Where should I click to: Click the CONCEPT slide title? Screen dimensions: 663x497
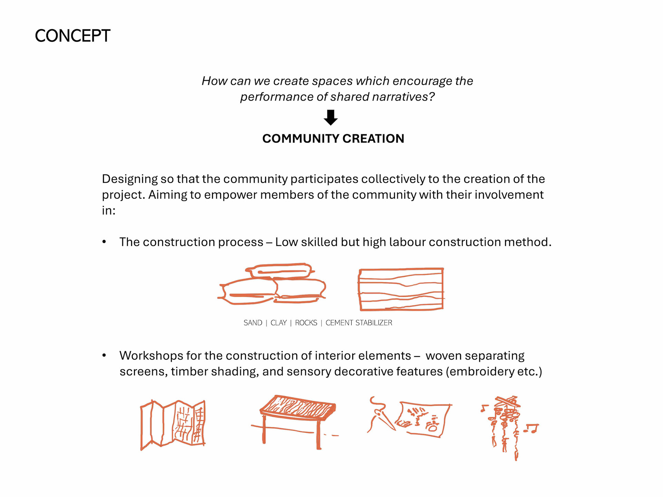pyautogui.click(x=73, y=36)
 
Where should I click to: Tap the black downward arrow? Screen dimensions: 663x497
pyautogui.click(x=330, y=117)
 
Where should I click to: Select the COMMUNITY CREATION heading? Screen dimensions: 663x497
pyautogui.click(x=333, y=138)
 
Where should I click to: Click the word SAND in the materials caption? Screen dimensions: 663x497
pyautogui.click(x=253, y=323)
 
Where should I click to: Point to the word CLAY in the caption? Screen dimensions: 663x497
pyautogui.click(x=279, y=323)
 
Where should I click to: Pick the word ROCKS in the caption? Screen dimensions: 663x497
pyautogui.click(x=306, y=323)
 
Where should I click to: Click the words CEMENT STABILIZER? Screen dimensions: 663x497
pyautogui.click(x=359, y=323)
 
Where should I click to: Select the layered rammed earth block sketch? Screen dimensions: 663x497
pyautogui.click(x=401, y=289)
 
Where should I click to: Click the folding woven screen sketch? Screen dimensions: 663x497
pyautogui.click(x=173, y=425)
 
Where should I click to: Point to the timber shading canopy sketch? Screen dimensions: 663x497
pyautogui.click(x=295, y=421)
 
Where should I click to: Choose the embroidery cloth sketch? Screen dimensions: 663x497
pyautogui.click(x=423, y=419)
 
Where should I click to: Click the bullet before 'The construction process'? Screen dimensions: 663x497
pyautogui.click(x=104, y=242)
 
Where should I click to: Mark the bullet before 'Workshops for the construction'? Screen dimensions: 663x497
pyautogui.click(x=104, y=355)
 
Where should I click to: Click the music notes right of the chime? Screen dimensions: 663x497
pyautogui.click(x=531, y=429)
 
